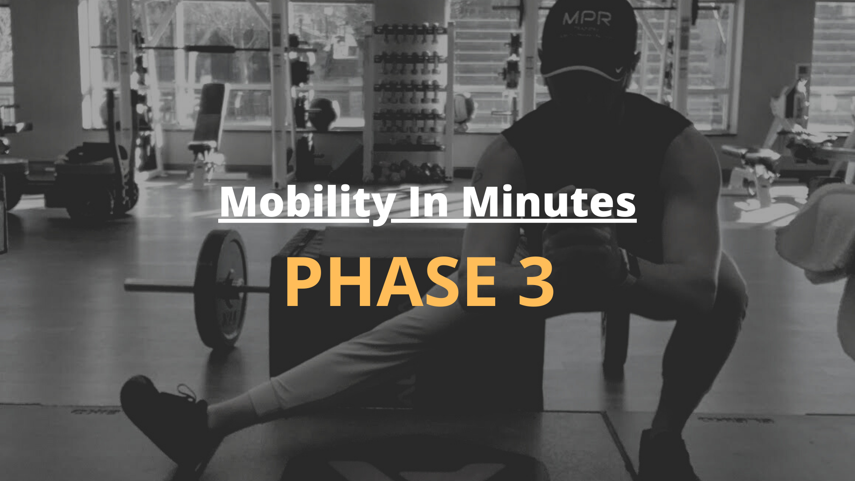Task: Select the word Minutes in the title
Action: click(x=549, y=202)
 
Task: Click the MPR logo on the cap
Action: click(x=587, y=19)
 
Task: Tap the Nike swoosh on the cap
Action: click(x=619, y=70)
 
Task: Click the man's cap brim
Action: click(x=583, y=73)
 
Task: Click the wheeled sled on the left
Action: click(x=89, y=178)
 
